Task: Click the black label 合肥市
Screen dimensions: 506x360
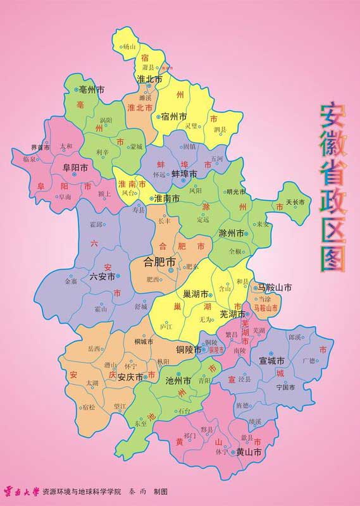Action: coord(159,261)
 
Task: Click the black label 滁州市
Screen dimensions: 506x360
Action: coord(232,233)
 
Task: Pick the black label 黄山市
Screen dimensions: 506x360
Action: coord(249,453)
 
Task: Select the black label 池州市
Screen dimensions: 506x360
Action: coord(178,381)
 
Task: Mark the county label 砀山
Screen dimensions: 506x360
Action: coord(129,47)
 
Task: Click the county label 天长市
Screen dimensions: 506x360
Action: coord(295,202)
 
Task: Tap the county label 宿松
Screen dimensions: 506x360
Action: coord(89,407)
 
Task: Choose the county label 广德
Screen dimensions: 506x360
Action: coord(308,361)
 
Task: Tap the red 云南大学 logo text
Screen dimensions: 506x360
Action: coord(22,490)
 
